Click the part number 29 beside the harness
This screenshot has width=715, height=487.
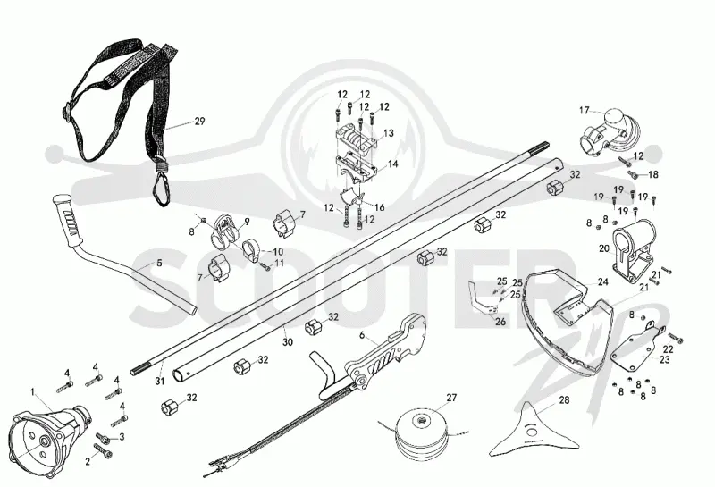click(199, 122)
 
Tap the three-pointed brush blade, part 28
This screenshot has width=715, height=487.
click(534, 431)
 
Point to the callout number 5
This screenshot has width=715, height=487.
click(159, 263)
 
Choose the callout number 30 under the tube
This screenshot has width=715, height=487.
click(287, 341)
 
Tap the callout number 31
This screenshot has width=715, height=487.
click(159, 381)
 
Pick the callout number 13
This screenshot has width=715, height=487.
click(389, 133)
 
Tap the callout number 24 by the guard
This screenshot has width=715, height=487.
click(602, 282)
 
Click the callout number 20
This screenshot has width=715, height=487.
click(604, 249)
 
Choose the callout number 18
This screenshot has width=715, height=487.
click(653, 174)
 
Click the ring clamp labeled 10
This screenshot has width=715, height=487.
click(251, 249)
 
